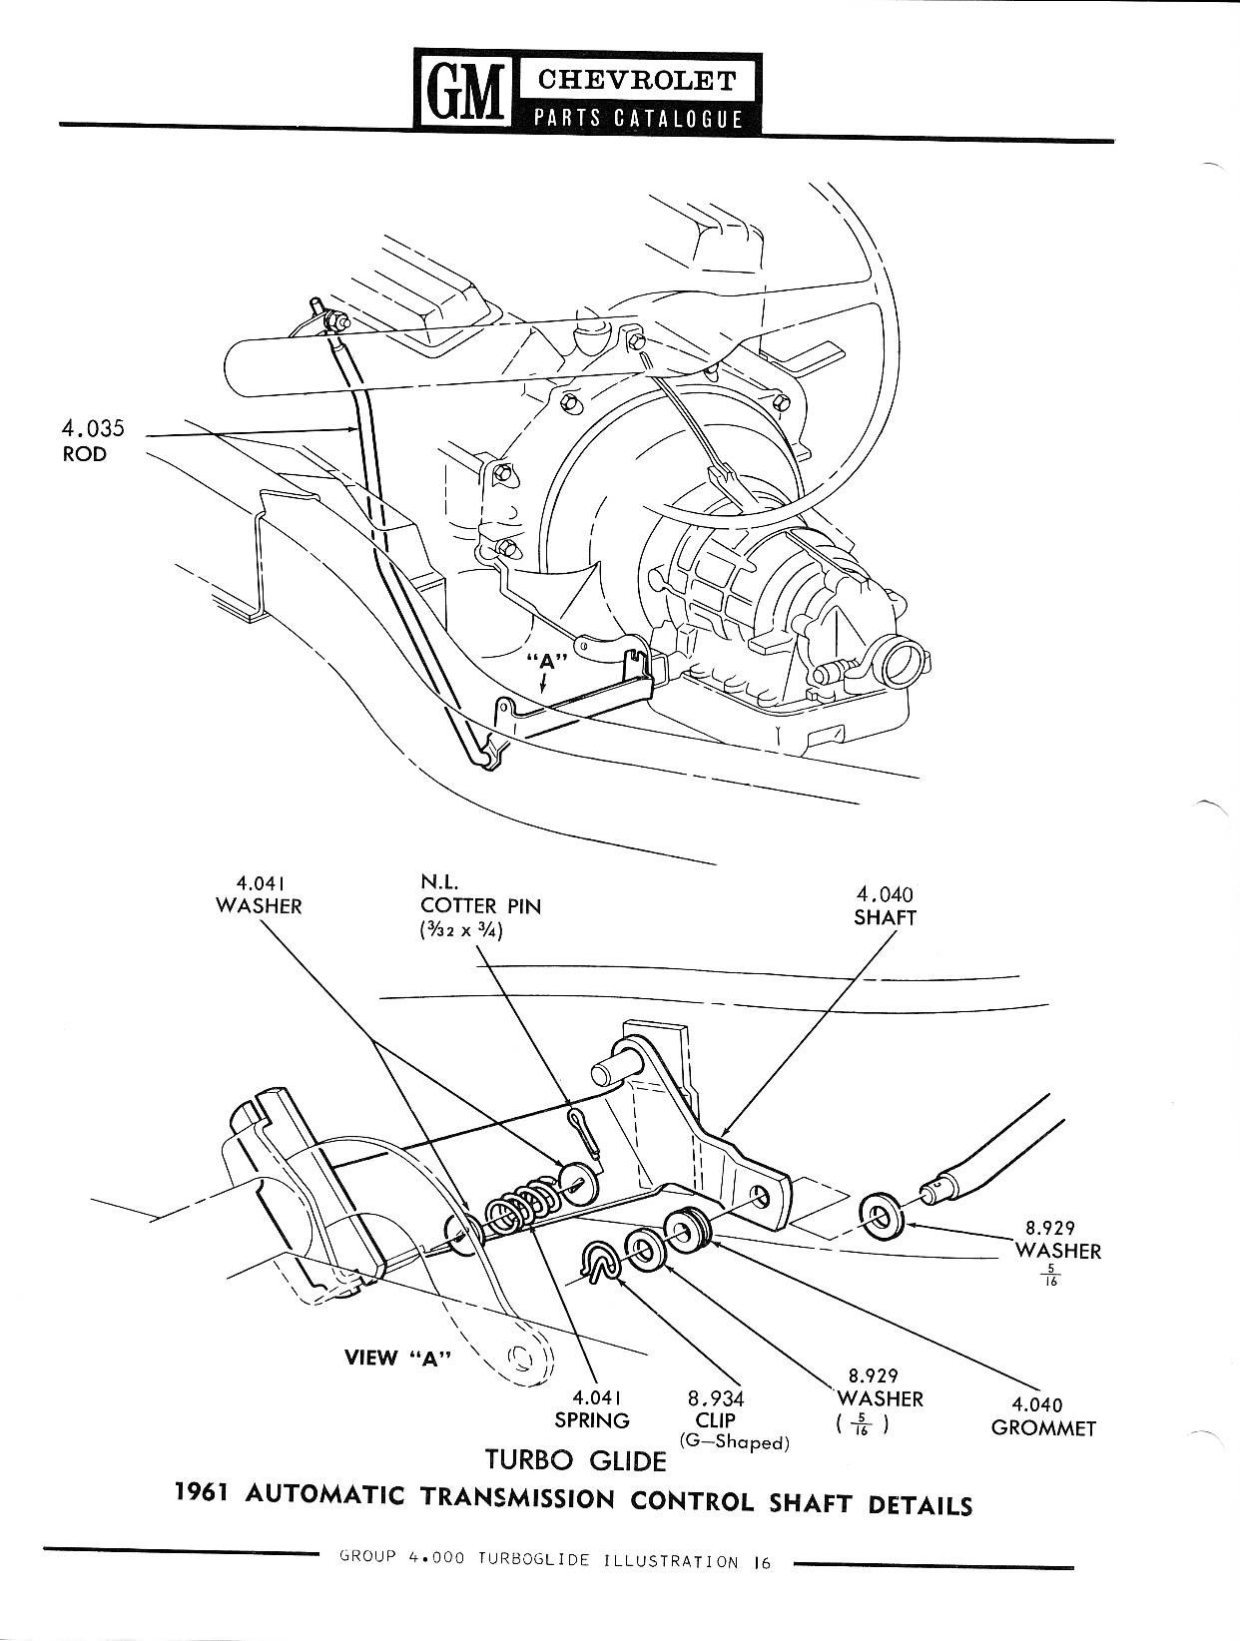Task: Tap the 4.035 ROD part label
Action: tap(93, 441)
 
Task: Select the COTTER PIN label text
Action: tap(480, 905)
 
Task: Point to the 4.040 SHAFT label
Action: tap(885, 905)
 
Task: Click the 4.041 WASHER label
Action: tap(258, 894)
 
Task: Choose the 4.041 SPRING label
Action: tap(592, 1408)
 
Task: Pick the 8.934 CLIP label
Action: tap(716, 1408)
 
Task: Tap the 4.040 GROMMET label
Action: tap(1043, 1417)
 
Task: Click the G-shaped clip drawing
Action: tap(599, 1263)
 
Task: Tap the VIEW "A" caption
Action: tap(397, 1358)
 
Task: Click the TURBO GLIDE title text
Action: tap(575, 1460)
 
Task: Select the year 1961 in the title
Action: tap(203, 1493)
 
